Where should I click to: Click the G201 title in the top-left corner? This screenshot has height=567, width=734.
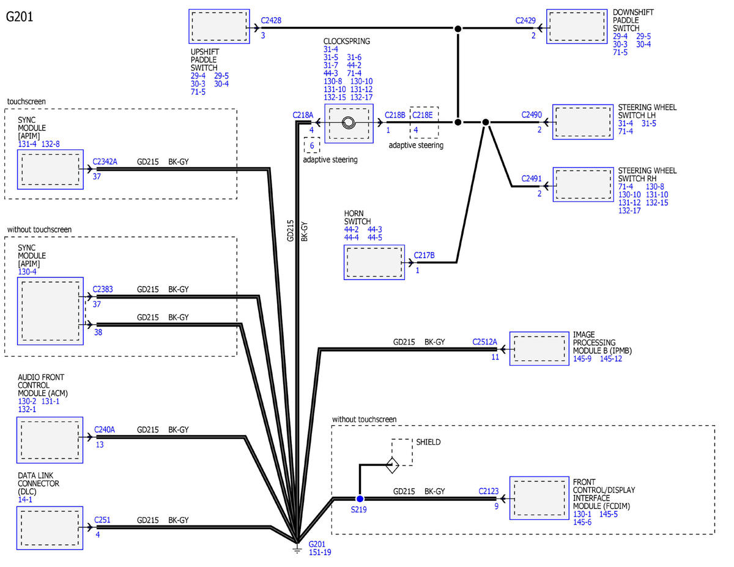tap(20, 17)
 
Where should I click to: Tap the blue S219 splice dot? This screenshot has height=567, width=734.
tap(360, 498)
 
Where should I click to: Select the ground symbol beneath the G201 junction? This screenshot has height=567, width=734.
tap(297, 550)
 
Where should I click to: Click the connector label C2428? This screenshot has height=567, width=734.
tap(271, 20)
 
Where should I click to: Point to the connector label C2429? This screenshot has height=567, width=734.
tap(525, 21)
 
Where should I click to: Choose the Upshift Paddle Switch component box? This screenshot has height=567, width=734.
tap(219, 26)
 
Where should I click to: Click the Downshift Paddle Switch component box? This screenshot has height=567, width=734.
tap(577, 26)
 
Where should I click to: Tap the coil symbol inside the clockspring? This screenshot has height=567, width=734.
tap(349, 122)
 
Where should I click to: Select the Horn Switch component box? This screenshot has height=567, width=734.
tap(374, 262)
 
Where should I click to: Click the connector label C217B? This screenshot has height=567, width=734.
tap(424, 255)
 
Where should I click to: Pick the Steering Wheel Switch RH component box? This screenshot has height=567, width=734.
tap(584, 184)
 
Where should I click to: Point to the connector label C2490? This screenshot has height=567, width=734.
tap(532, 115)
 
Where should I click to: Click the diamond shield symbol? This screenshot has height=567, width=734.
tap(392, 465)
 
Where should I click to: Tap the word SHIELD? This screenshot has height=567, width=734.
tap(428, 442)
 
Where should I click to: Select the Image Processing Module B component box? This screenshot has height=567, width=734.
tap(539, 349)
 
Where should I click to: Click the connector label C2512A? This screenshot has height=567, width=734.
tap(484, 342)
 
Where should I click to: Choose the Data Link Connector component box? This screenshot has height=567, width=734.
tap(50, 528)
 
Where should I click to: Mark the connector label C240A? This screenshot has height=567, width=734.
tap(105, 429)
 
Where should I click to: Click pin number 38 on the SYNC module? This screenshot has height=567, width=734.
tap(98, 332)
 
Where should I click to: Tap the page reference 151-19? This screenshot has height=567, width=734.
tap(320, 552)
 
